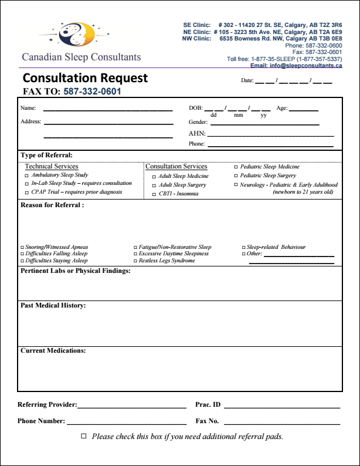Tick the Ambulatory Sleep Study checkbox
(x=26, y=175)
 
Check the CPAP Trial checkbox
(x=26, y=192)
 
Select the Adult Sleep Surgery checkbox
(x=154, y=185)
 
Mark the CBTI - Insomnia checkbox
(x=154, y=194)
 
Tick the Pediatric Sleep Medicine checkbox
(x=236, y=167)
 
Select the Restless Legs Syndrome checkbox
(x=135, y=261)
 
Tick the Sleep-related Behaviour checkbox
(x=243, y=248)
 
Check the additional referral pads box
(x=83, y=436)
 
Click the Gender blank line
(x=264, y=124)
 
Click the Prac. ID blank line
(x=281, y=406)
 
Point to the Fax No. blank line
(x=281, y=423)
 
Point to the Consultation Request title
(x=85, y=78)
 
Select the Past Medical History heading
(x=53, y=306)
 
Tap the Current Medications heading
(x=53, y=350)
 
